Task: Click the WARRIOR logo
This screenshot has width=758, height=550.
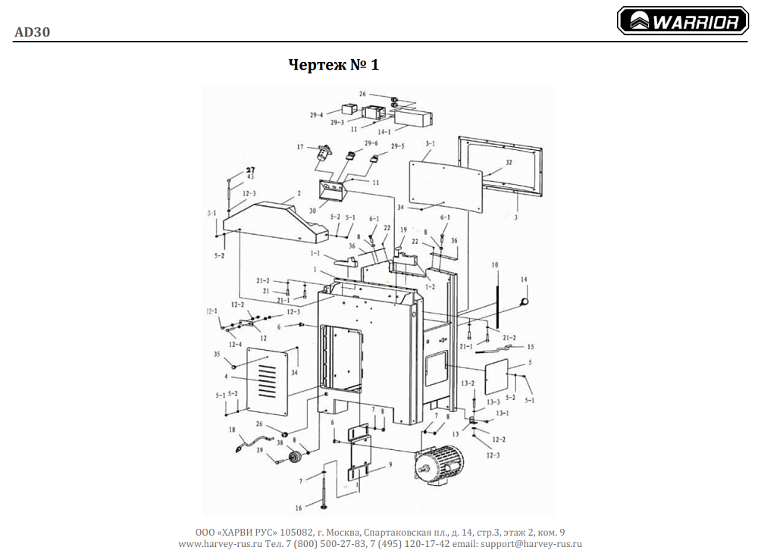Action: coord(682,22)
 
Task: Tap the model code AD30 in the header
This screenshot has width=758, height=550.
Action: coord(32,32)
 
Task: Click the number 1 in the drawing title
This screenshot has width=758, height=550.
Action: coord(374,65)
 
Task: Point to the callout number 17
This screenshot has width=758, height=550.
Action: coord(300,147)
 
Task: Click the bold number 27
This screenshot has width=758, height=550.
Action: coord(250,170)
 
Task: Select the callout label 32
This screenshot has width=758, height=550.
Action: coord(509,163)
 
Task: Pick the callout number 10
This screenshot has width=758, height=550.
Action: coord(494,265)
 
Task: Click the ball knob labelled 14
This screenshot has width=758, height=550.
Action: coord(522,301)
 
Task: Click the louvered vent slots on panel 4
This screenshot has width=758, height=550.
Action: coord(265,379)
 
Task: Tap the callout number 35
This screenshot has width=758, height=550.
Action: coord(217,354)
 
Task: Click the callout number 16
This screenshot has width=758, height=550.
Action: coord(299,508)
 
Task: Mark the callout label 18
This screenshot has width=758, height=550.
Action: coord(232,429)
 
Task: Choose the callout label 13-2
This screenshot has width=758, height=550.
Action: coord(468,383)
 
